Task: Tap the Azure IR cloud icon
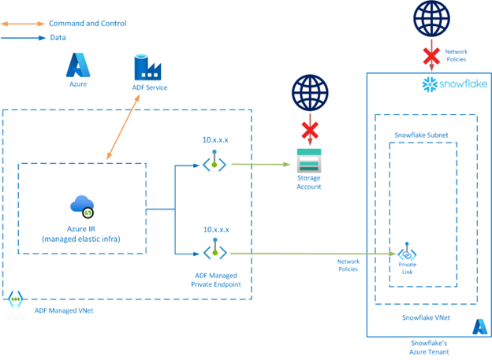tap(82, 206)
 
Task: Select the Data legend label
tap(57, 36)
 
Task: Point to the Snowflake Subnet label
tap(420, 135)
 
